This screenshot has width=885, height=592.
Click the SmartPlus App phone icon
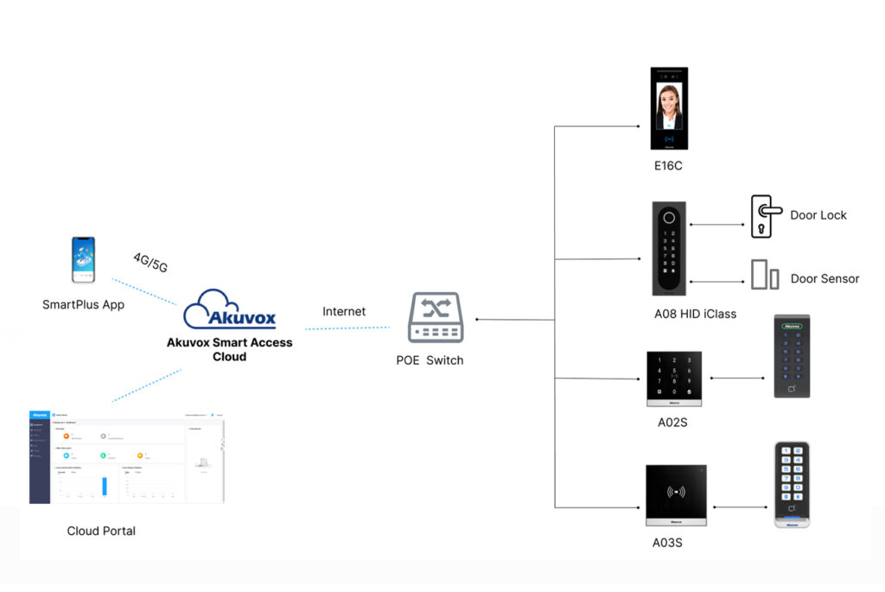point(83,260)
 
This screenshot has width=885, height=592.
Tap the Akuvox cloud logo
point(230,309)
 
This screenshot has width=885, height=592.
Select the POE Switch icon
point(436,320)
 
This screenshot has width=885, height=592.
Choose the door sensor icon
point(764,274)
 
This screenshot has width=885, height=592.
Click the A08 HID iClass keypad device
point(669,249)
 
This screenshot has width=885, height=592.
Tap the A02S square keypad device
point(673,379)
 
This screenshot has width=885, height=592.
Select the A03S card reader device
point(676,496)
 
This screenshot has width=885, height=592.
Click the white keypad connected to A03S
point(791,485)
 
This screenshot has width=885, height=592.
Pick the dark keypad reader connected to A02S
point(791,356)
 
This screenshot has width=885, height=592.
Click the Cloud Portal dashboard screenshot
point(126,457)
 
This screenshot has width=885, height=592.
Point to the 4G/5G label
point(149,262)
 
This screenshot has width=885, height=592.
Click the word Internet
point(344,311)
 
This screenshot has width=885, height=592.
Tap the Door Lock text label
point(818,215)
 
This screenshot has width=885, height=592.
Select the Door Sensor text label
point(825,278)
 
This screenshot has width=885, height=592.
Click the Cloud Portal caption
point(101,531)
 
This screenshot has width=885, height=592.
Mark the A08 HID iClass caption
point(695,314)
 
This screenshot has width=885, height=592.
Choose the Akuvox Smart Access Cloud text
point(229,349)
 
